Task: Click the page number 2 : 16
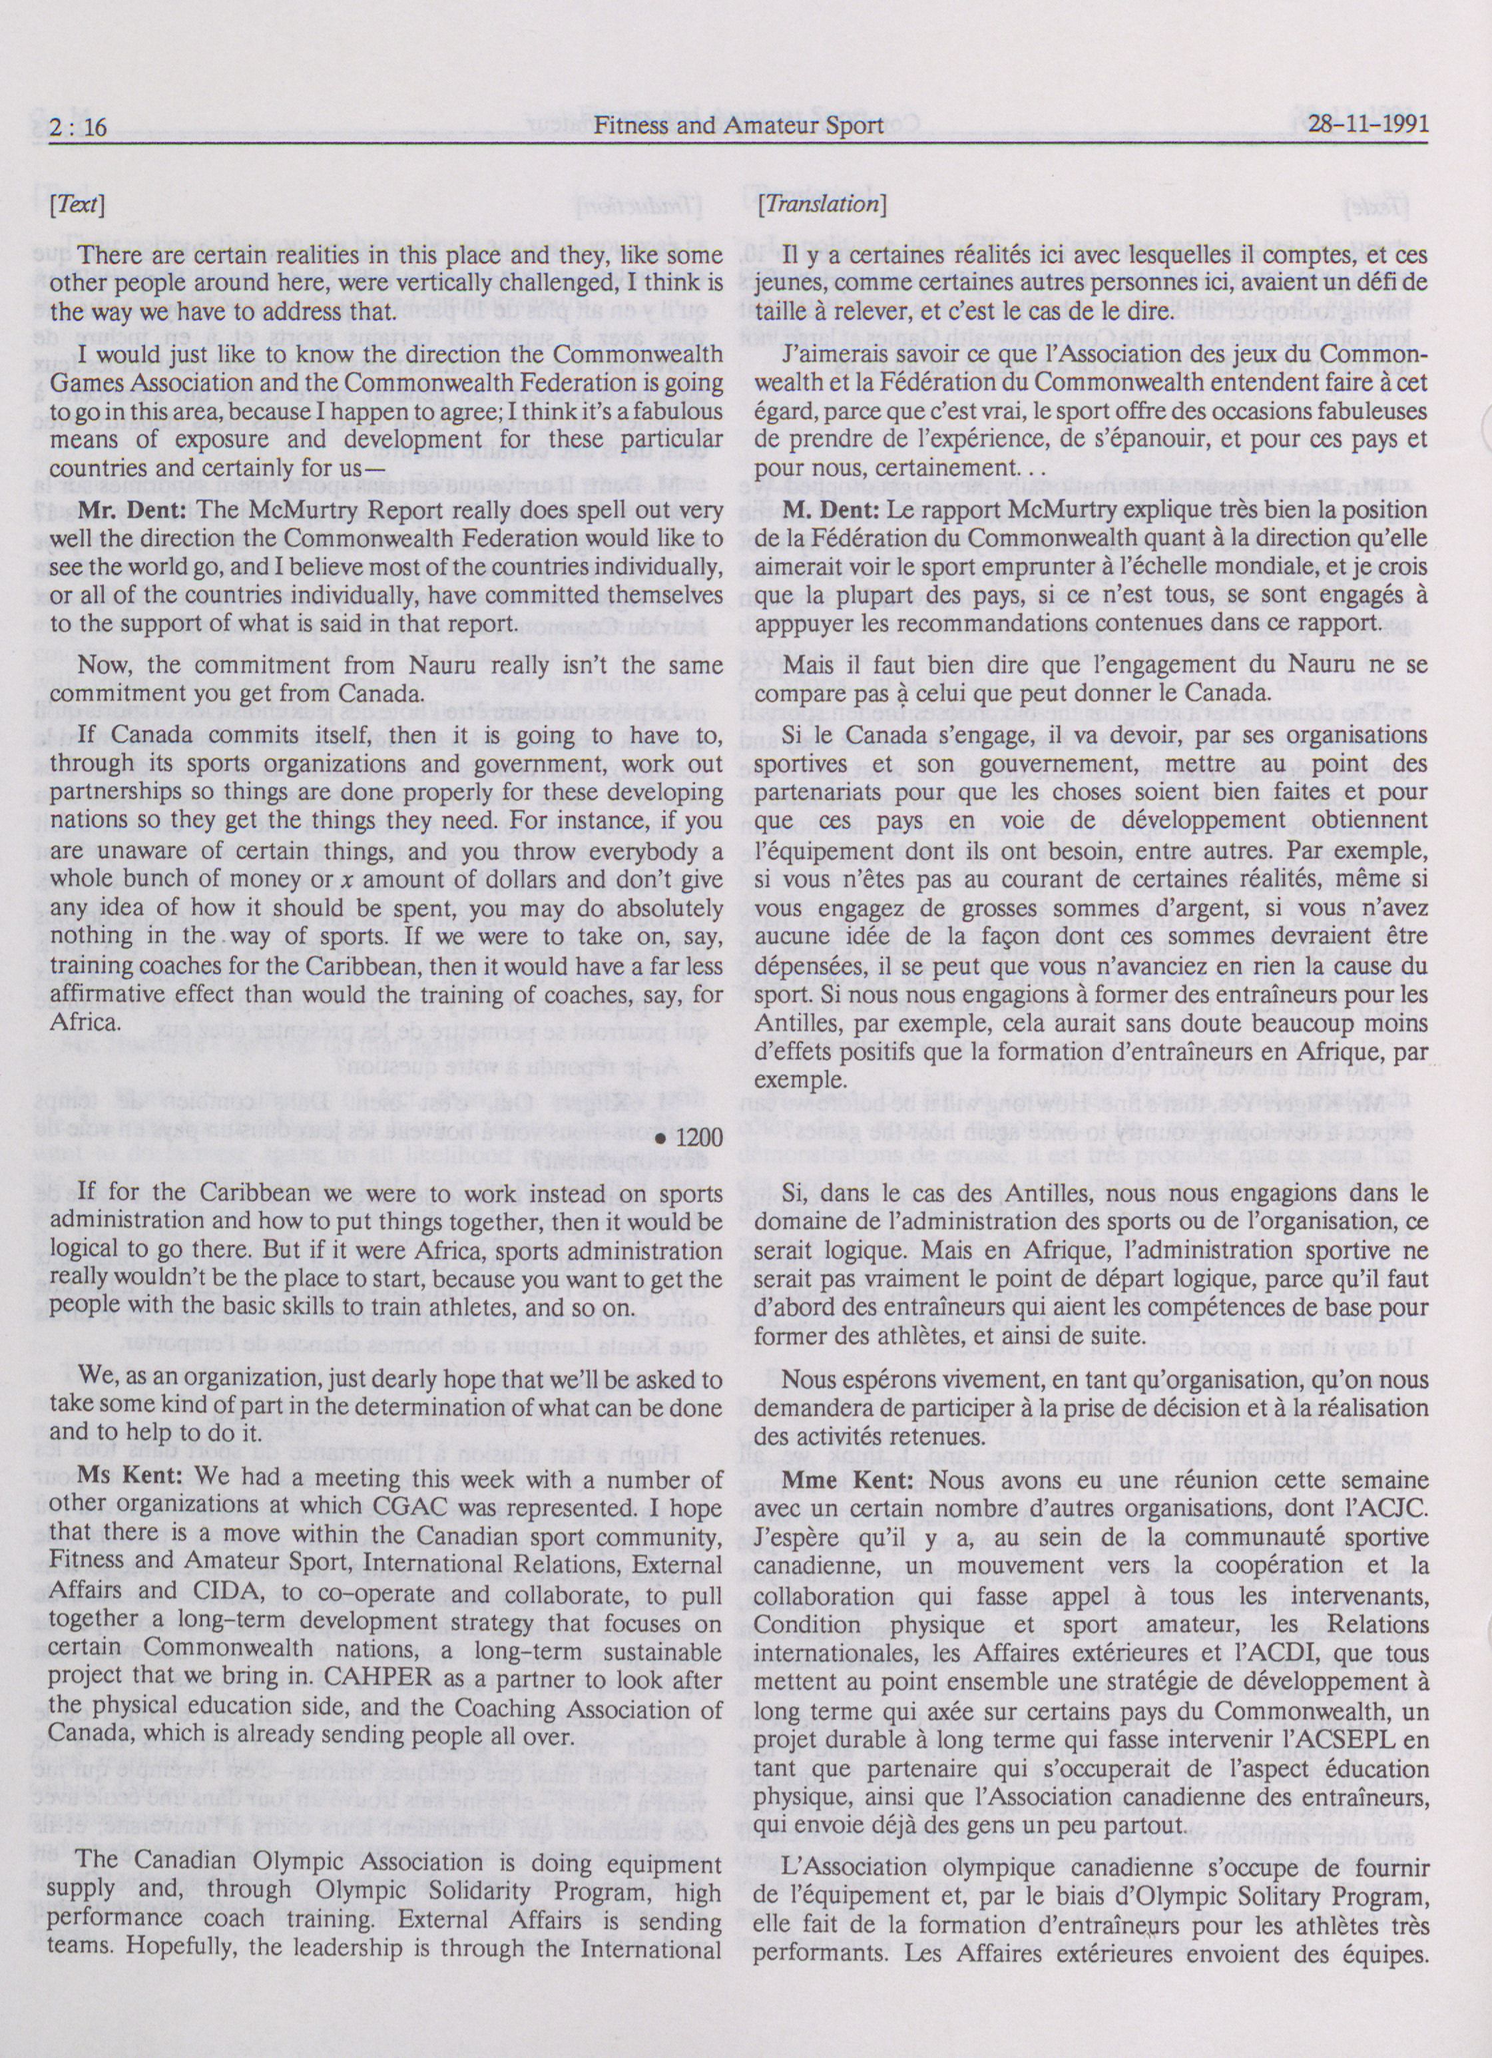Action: tap(79, 126)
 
